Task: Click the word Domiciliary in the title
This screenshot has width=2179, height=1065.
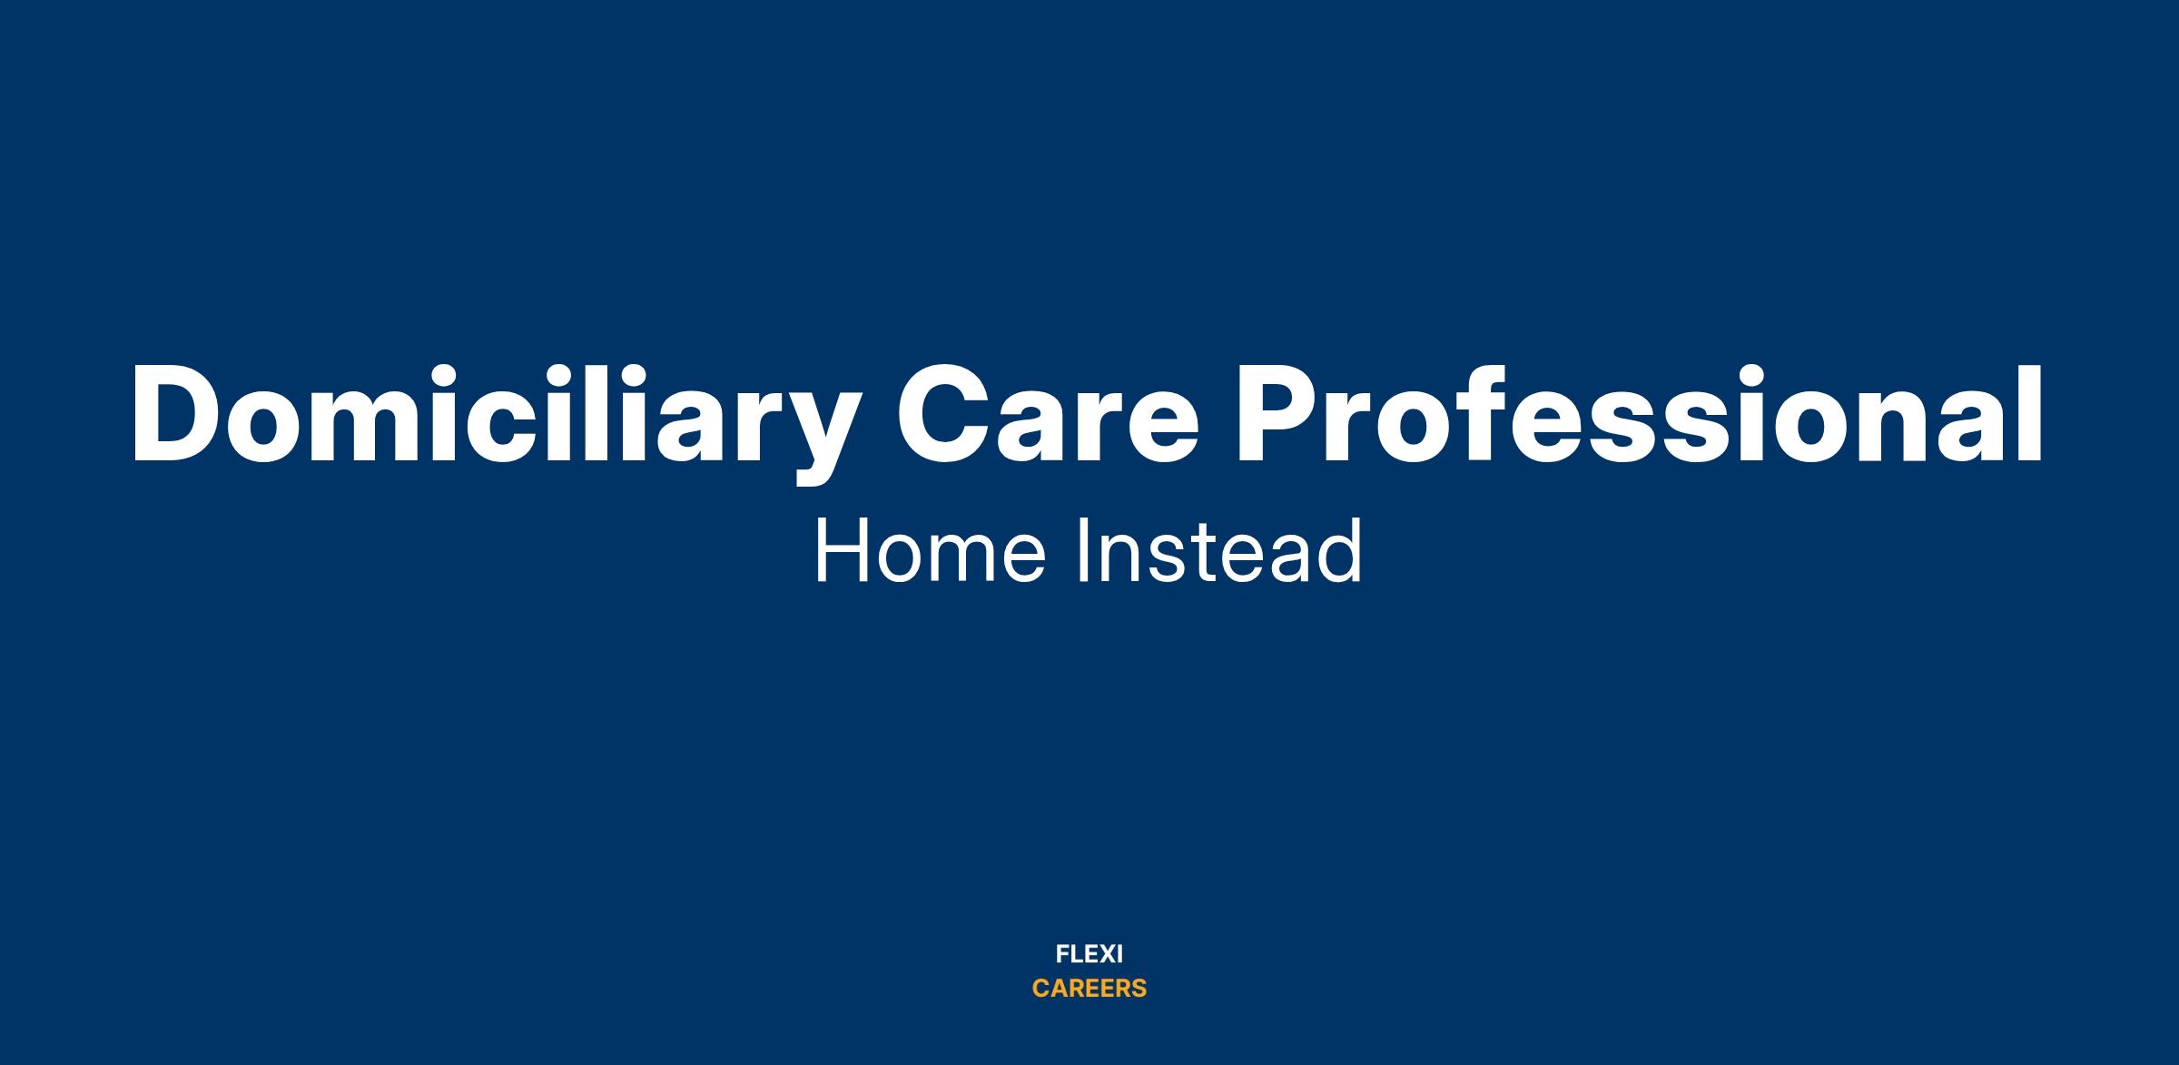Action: pyautogui.click(x=492, y=423)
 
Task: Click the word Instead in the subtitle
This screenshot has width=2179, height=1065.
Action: pyautogui.click(x=1219, y=551)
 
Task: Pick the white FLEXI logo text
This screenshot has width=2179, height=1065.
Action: pyautogui.click(x=1089, y=954)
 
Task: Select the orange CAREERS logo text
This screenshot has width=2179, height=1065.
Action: pyautogui.click(x=1089, y=989)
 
